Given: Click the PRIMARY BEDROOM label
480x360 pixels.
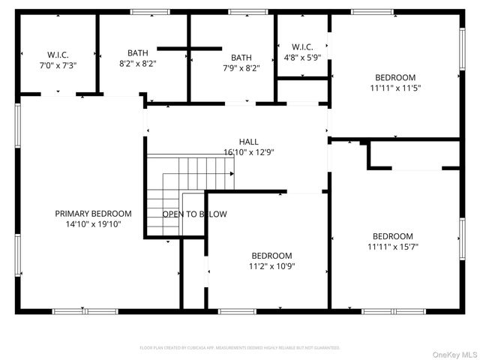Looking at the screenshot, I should pos(94,214).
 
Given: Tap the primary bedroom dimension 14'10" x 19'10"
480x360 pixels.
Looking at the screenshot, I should pos(94,223).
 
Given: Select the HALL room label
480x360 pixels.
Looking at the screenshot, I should pos(249,142).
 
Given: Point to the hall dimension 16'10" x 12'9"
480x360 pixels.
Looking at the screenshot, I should pos(249,151).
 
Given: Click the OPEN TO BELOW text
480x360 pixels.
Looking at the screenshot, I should pos(194,214).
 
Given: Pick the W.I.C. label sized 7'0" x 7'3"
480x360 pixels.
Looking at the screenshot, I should pos(58,55).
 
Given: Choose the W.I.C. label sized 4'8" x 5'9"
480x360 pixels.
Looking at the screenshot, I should pos(302,46).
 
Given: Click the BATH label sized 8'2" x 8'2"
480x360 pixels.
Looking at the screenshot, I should pos(137,53).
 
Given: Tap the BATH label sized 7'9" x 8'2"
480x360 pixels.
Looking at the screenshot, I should pos(241,58).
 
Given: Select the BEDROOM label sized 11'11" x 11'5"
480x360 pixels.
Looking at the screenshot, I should pos(395,78).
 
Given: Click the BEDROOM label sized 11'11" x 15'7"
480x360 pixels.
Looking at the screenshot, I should pos(393,236).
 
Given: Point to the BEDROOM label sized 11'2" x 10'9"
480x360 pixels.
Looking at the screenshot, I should pos(271,256).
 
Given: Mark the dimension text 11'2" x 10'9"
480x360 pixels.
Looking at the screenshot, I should pos(271,266).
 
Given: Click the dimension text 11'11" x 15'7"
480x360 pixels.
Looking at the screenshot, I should pos(393,246).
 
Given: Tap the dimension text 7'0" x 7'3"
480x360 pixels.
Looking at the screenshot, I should pos(58,65).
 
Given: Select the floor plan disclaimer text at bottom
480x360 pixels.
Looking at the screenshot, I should pos(240,348).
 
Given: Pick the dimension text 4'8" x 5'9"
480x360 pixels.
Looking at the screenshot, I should pos(302,57).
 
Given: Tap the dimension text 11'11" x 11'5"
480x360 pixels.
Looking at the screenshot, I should pos(395,88).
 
